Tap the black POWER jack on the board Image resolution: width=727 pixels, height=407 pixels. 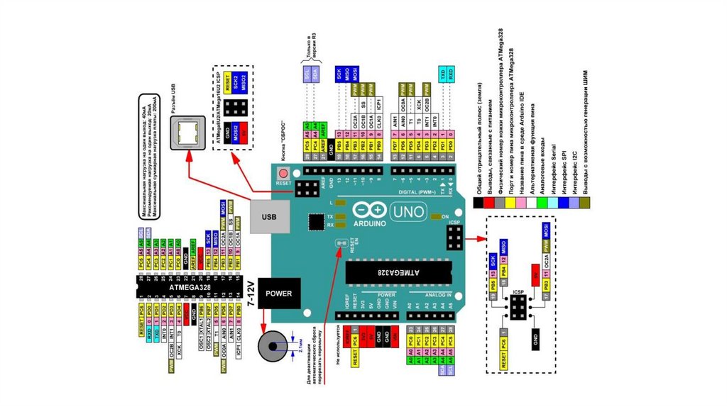click(278, 293)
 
